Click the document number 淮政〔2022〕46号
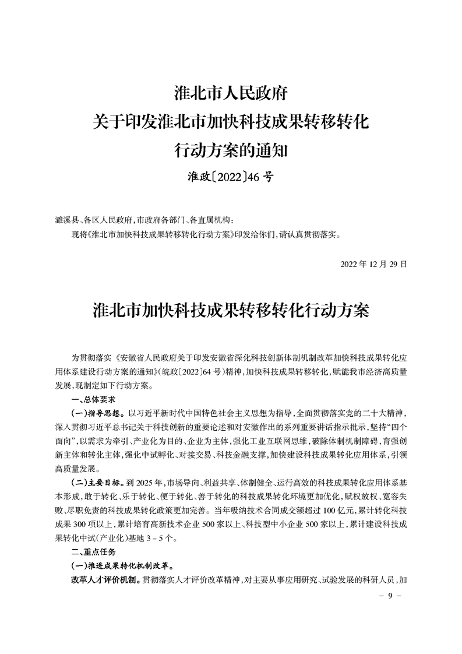(x=231, y=176)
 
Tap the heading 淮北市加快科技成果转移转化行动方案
(x=231, y=310)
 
